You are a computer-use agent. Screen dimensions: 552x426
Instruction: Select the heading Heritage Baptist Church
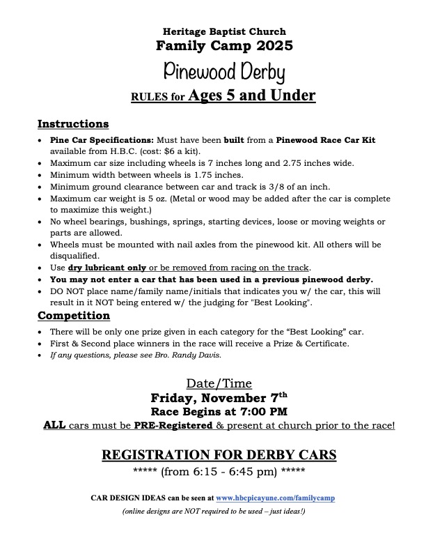coord(214,32)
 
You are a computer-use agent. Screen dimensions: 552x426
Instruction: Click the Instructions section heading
coord(73,124)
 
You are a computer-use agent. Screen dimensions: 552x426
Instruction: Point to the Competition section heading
coord(73,315)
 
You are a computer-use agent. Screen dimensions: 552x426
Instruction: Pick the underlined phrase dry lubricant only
coord(106,268)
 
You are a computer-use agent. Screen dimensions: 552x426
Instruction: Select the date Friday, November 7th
coord(214,397)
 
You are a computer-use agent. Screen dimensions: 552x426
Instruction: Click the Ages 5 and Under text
coord(251,95)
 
